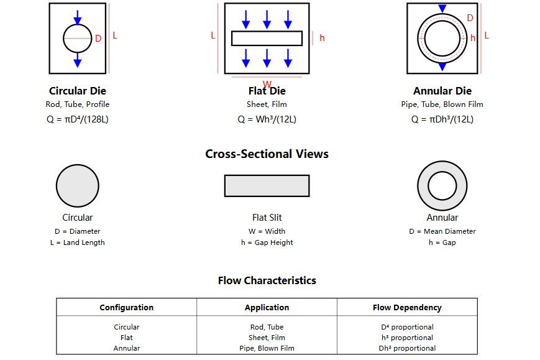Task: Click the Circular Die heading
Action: (x=77, y=91)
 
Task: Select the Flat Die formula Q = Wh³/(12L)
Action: (x=267, y=119)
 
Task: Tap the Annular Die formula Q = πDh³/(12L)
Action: (x=442, y=119)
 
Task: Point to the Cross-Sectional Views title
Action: (x=267, y=154)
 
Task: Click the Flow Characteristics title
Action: (x=267, y=280)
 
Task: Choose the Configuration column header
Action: (x=126, y=307)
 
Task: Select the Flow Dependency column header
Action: (x=407, y=307)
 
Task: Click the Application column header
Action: (x=267, y=307)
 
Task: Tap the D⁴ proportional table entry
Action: (x=407, y=327)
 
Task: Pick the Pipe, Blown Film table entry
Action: (x=267, y=348)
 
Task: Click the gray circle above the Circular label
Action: (x=78, y=186)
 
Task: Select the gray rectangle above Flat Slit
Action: (x=267, y=186)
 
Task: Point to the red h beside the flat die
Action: (x=322, y=38)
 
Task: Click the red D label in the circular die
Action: (x=98, y=39)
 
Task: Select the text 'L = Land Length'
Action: (x=77, y=242)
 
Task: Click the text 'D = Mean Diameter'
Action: (x=442, y=231)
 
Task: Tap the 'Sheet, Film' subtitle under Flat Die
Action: (x=267, y=104)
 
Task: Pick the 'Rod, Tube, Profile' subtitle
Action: (x=77, y=104)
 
